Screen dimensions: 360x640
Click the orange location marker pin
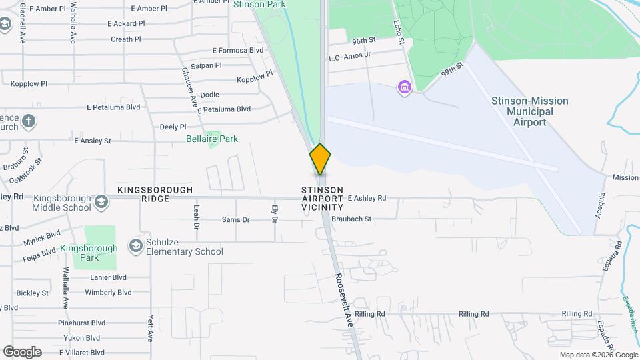coord(320,159)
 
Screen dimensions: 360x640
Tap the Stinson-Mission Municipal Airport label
coord(529,111)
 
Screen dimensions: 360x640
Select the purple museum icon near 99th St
coord(403,87)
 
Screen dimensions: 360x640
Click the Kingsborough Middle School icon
coord(101,201)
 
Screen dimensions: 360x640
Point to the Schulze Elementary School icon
coord(136,246)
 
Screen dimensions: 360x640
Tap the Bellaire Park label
coord(211,139)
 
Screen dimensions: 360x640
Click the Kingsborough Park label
coord(89,253)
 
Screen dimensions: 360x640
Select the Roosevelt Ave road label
coord(343,299)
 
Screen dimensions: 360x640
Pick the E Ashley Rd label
coord(367,198)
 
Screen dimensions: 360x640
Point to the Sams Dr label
coord(235,219)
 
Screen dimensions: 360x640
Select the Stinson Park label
coord(259,4)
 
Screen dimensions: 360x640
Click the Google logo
coord(22,352)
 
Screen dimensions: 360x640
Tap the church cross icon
coord(28,121)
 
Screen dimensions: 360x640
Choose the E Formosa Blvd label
coord(238,50)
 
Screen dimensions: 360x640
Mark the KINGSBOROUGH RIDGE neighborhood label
coord(155,194)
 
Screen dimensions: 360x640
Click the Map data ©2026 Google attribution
coord(598,355)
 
